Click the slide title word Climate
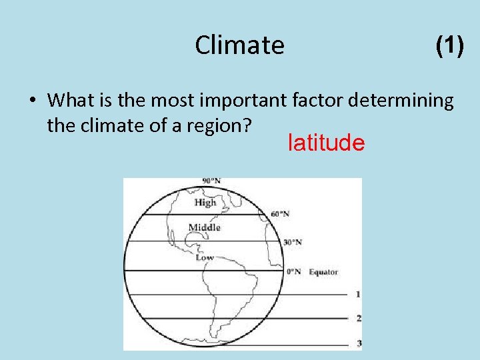[239, 45]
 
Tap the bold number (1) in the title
[449, 45]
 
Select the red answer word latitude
[326, 143]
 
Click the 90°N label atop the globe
[211, 181]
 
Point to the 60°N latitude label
[280, 213]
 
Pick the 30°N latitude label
[293, 242]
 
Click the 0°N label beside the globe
[293, 271]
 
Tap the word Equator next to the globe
[323, 271]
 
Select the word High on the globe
[205, 202]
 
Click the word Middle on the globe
[204, 227]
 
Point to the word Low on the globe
[205, 257]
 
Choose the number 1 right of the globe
[359, 294]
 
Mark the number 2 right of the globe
[359, 318]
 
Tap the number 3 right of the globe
[359, 343]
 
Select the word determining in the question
[407, 101]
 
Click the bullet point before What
[32, 101]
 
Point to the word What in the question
[67, 101]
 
